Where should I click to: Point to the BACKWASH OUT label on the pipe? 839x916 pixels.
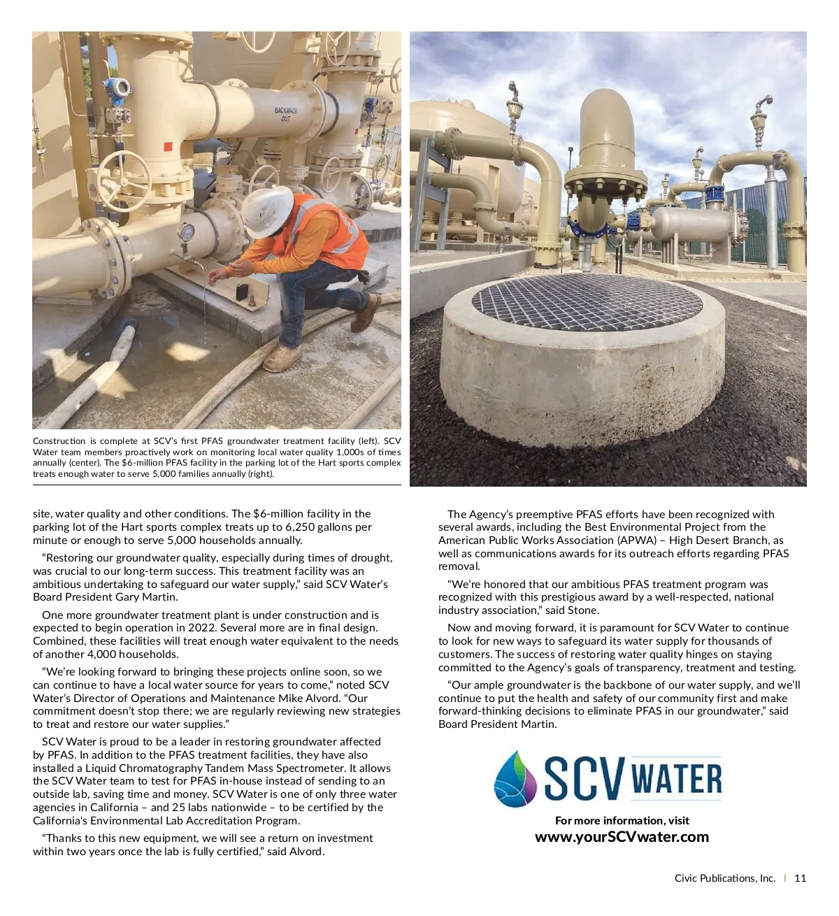click(x=285, y=114)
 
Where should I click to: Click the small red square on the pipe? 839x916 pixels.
click(x=167, y=147)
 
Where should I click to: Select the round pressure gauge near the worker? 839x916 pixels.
click(x=187, y=231)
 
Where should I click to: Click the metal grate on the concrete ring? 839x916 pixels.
click(x=587, y=303)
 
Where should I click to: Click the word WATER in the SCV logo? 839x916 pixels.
click(x=676, y=780)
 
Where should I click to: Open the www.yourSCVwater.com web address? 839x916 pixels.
click(x=622, y=837)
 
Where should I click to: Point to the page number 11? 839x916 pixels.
click(x=800, y=878)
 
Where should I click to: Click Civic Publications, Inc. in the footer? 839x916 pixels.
click(x=724, y=878)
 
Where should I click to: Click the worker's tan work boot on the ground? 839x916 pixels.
click(x=282, y=359)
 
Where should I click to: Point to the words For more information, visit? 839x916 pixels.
click(x=622, y=820)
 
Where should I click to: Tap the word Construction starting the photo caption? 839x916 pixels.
click(x=59, y=441)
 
